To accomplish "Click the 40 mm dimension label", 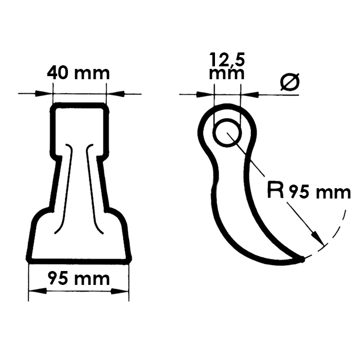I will (78, 73).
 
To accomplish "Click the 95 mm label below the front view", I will (78, 279).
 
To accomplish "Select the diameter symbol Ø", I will (290, 82).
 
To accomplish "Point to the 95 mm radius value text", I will (319, 193).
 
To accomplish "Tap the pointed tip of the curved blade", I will (303, 260).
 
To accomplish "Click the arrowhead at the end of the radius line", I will (319, 240).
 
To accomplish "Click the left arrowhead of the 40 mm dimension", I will (47, 94).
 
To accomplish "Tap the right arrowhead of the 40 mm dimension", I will (112, 94).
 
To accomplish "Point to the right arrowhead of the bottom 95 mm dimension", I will (123, 291).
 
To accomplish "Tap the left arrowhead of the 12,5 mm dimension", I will (207, 94).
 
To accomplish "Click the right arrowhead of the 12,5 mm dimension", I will (246, 94).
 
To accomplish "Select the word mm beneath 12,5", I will (226, 73).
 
